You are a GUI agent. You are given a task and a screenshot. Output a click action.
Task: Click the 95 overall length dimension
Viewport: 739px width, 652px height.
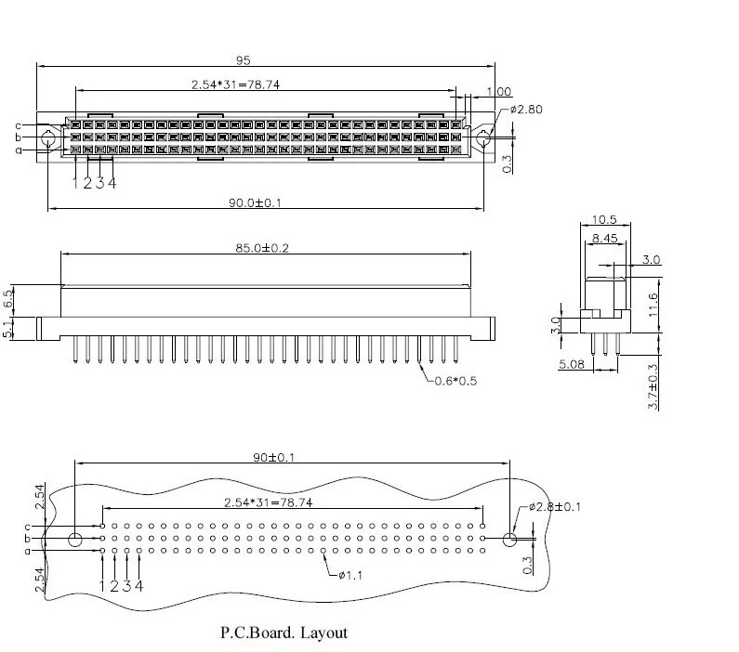click(x=244, y=60)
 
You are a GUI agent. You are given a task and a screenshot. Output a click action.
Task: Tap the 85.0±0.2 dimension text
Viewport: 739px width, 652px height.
click(x=262, y=248)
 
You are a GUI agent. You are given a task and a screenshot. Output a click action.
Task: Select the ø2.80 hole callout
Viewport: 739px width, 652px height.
click(x=526, y=110)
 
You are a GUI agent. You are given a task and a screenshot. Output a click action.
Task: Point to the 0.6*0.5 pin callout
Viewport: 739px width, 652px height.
click(x=455, y=381)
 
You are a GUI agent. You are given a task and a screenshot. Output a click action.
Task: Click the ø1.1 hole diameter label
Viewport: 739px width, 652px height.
click(x=350, y=575)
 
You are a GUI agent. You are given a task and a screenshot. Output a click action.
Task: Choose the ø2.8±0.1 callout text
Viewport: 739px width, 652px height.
click(x=555, y=507)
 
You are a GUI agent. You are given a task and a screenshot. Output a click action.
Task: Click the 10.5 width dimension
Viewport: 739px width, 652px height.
click(x=604, y=220)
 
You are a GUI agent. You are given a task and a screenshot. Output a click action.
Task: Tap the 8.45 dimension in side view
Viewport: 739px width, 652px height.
click(x=605, y=238)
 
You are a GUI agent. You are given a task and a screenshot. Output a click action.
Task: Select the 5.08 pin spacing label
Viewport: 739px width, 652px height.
click(x=572, y=364)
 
